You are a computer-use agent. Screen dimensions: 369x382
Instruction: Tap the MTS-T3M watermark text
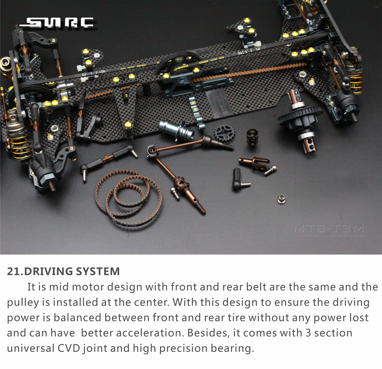(x=329, y=229)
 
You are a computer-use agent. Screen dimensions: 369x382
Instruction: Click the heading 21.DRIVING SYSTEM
(x=63, y=271)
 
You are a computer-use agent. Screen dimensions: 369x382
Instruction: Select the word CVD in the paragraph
(x=69, y=348)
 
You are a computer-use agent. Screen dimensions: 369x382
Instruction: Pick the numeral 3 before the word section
(x=308, y=333)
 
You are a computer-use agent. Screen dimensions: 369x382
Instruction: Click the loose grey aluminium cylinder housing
(x=176, y=130)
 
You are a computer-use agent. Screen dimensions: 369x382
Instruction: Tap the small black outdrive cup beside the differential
(x=253, y=138)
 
